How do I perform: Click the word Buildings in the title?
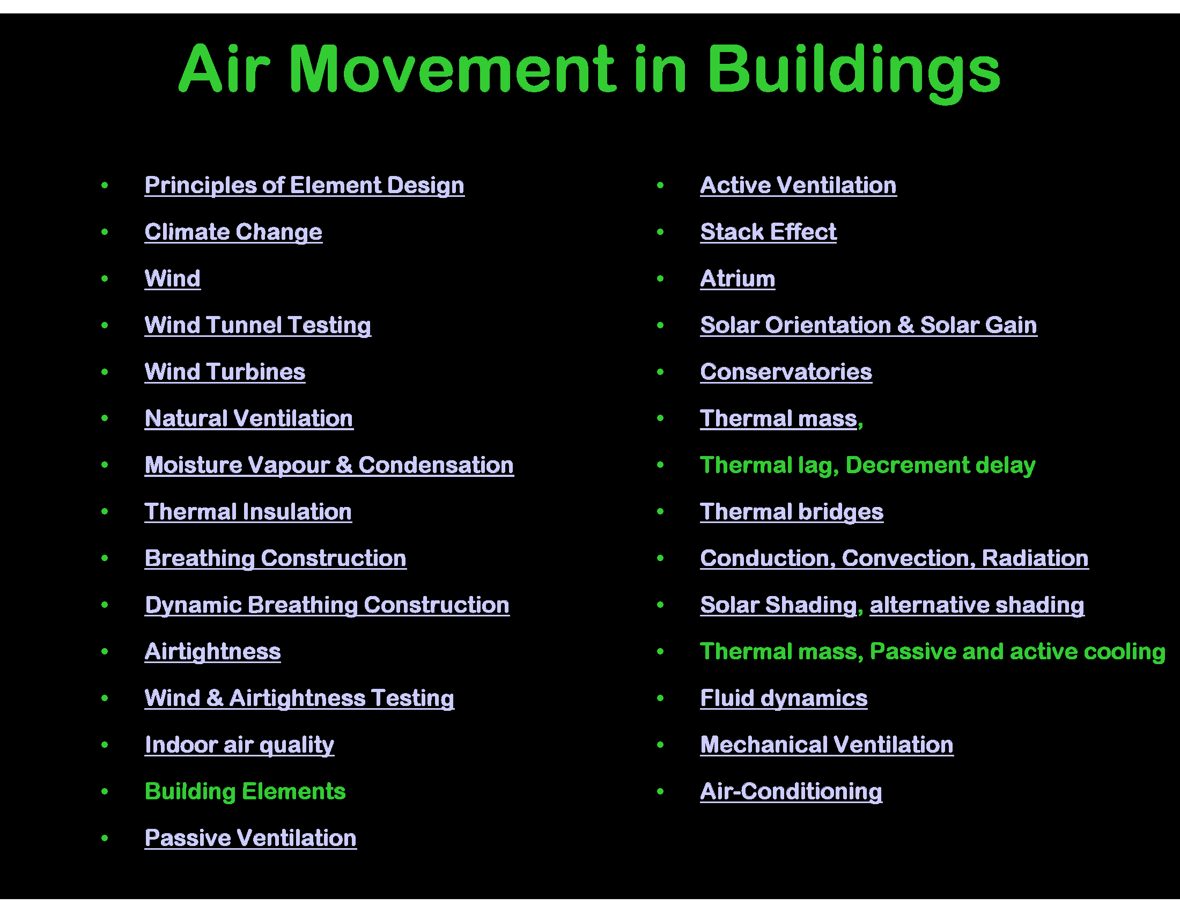tap(854, 70)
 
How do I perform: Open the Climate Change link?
tap(233, 232)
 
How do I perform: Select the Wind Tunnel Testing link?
tap(257, 325)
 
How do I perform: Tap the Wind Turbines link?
tap(225, 372)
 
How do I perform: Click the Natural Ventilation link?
tap(248, 419)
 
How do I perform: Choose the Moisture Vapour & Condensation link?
tap(329, 465)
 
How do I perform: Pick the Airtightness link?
tap(212, 652)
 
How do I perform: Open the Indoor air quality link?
tap(239, 745)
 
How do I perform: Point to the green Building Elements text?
tap(245, 791)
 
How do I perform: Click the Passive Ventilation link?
tap(250, 838)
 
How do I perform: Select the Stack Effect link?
tap(768, 232)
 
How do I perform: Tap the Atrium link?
tap(737, 279)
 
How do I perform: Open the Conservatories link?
tap(786, 372)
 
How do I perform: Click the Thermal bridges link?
tap(792, 512)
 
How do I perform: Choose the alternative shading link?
tap(976, 605)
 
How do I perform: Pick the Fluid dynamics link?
tap(784, 698)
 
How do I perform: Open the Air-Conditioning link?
tap(791, 791)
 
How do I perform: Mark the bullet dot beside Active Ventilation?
tap(660, 185)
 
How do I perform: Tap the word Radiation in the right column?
tap(1035, 558)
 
